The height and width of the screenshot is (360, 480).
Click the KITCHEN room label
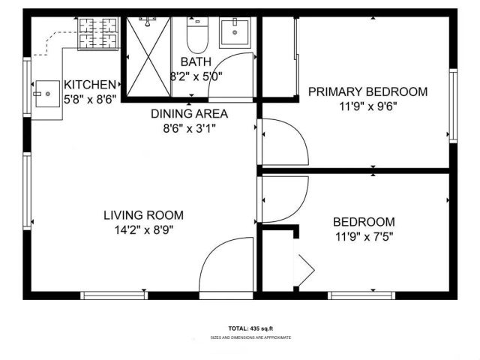pyautogui.click(x=90, y=85)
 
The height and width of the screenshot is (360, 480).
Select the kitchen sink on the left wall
pyautogui.click(x=46, y=94)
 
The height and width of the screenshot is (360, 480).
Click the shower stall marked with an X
pyautogui.click(x=147, y=57)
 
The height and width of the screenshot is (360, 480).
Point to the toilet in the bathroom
pyautogui.click(x=196, y=34)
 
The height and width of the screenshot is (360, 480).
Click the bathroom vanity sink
pyautogui.click(x=235, y=32)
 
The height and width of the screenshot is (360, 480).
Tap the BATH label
pyautogui.click(x=196, y=61)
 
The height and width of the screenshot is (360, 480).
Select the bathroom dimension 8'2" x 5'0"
pyautogui.click(x=197, y=76)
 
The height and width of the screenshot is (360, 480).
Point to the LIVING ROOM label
pyautogui.click(x=143, y=215)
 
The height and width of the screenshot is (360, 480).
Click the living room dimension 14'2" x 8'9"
pyautogui.click(x=143, y=230)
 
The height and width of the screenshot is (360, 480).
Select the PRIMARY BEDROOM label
pyautogui.click(x=368, y=91)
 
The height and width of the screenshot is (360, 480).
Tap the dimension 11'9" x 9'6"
pyautogui.click(x=368, y=106)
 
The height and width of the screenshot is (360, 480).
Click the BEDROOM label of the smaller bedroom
pyautogui.click(x=364, y=222)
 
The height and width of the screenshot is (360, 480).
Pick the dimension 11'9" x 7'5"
pyautogui.click(x=364, y=237)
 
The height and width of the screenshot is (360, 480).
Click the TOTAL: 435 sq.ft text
pyautogui.click(x=251, y=328)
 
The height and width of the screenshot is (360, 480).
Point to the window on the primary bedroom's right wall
pyautogui.click(x=453, y=105)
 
